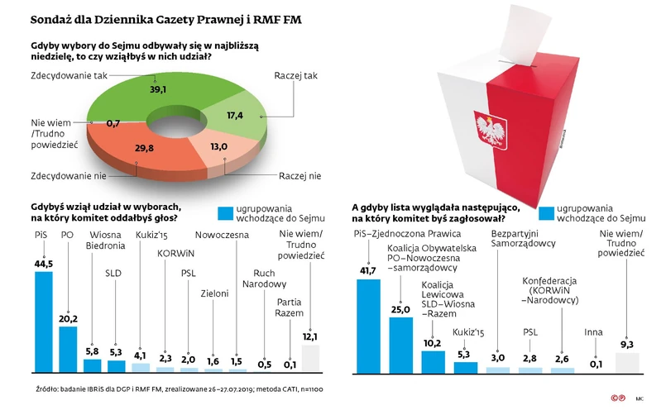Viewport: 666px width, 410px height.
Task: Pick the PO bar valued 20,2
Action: click(x=68, y=348)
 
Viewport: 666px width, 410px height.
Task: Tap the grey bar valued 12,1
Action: click(x=310, y=359)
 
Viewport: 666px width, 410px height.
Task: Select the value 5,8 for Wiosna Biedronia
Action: click(x=92, y=352)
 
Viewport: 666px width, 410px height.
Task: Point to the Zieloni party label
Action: click(x=214, y=293)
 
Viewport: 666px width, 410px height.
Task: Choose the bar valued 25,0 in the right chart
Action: click(x=400, y=343)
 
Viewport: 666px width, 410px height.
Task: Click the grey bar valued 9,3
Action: click(x=626, y=363)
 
